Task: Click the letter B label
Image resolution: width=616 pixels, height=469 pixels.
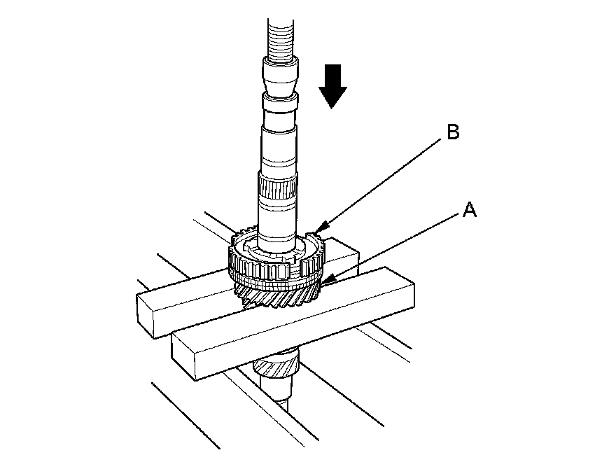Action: pyautogui.click(x=453, y=132)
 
